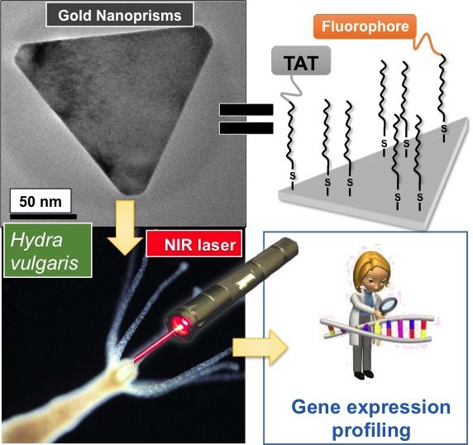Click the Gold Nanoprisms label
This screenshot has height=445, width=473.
(120, 15)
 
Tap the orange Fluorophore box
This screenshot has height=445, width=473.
(365, 26)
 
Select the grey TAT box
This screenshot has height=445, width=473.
(301, 60)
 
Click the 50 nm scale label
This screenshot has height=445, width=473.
(41, 201)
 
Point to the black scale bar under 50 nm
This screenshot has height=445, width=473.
(44, 217)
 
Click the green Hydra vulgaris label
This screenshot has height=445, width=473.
(47, 251)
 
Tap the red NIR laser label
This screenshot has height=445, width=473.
(194, 244)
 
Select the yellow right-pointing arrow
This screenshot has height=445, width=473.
(260, 347)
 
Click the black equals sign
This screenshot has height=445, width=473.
(246, 118)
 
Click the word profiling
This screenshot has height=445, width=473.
(371, 430)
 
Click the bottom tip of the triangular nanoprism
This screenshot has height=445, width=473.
(131, 195)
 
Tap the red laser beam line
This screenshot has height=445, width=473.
(155, 343)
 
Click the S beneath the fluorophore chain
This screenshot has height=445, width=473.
(444, 129)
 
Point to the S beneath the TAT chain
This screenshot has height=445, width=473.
(292, 176)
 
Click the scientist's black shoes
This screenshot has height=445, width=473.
(364, 375)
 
